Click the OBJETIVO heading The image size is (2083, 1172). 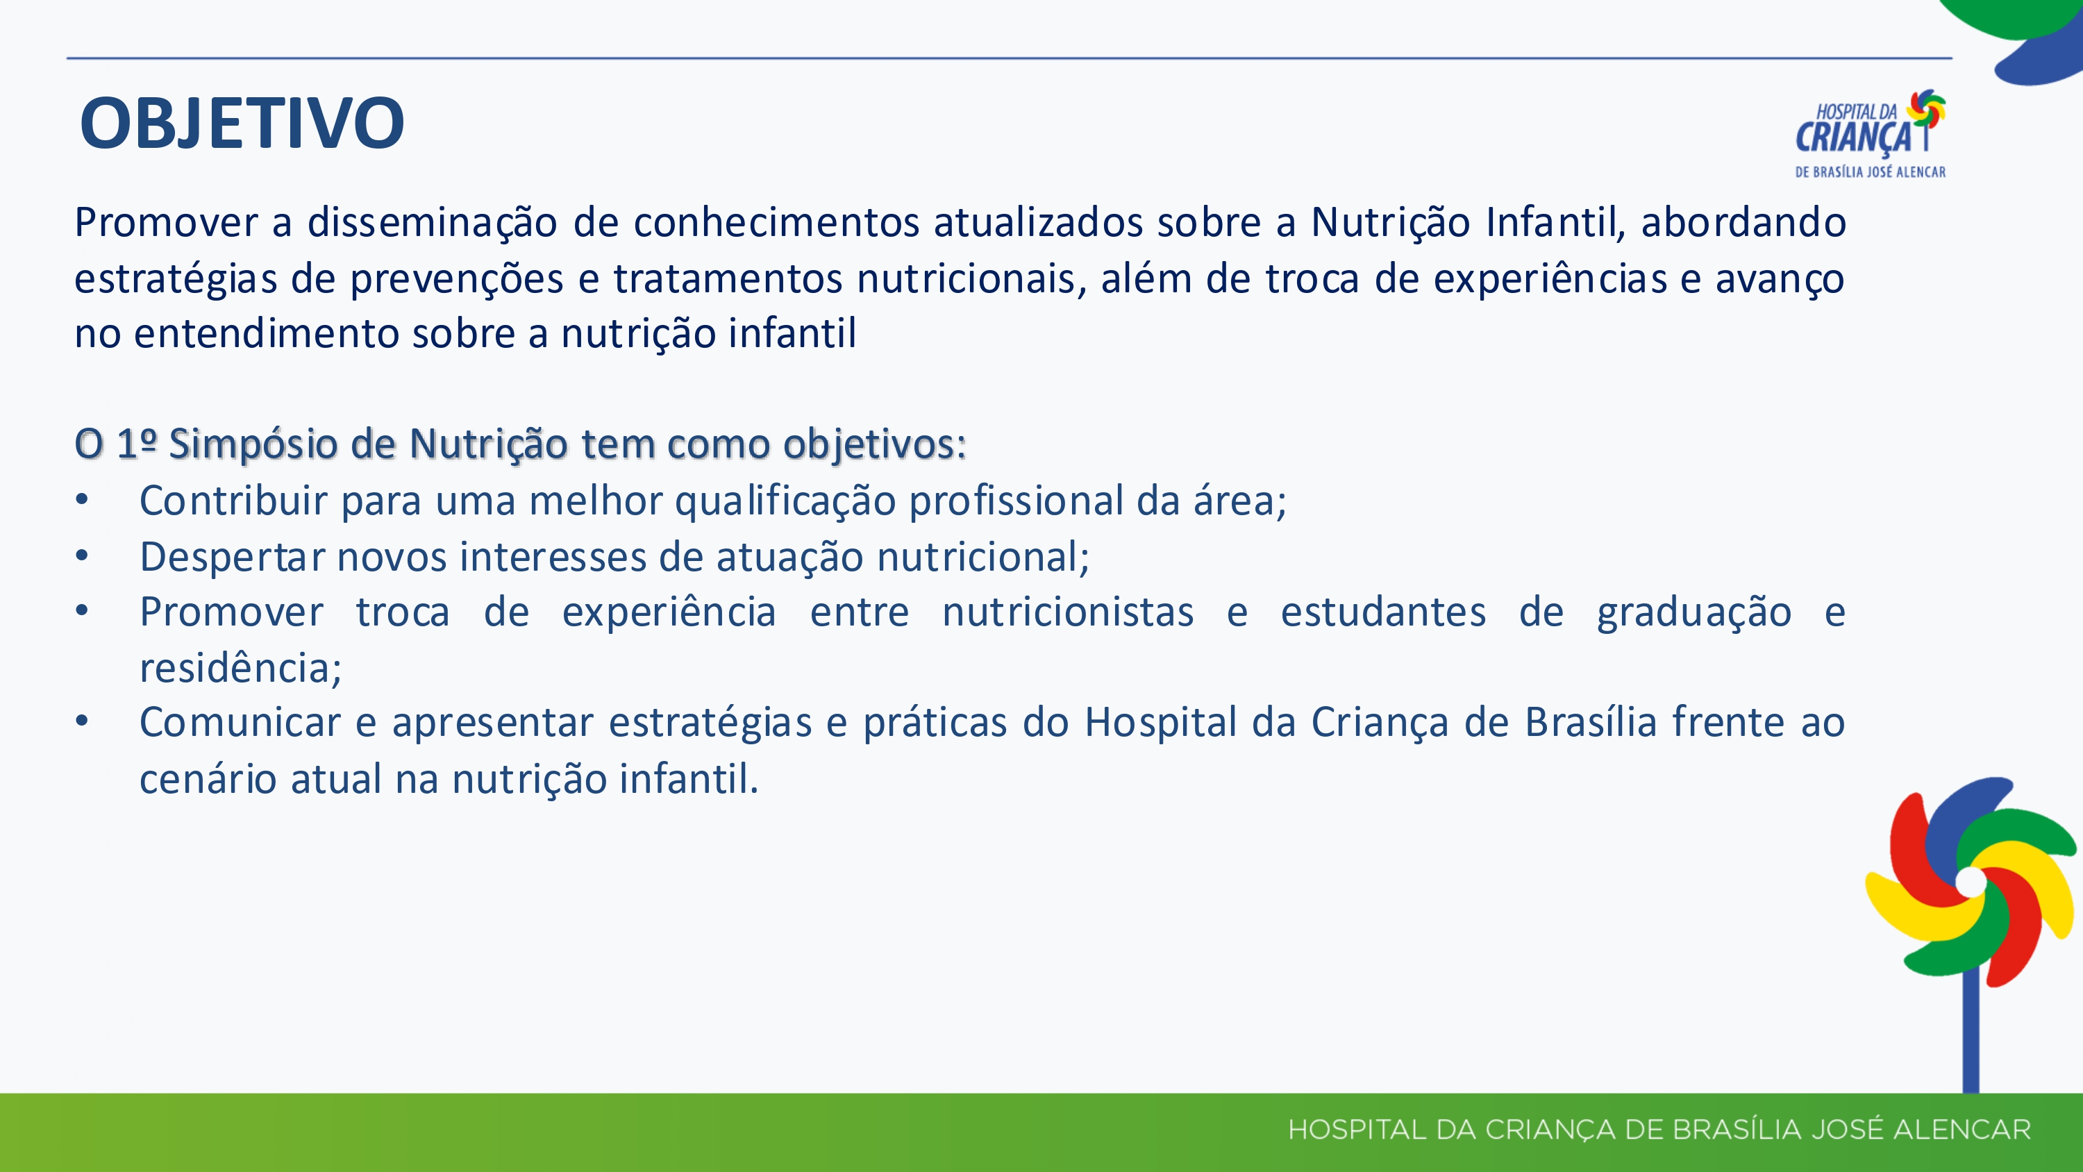click(x=242, y=124)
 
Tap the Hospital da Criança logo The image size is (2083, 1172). click(x=1871, y=133)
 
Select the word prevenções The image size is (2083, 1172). click(x=457, y=279)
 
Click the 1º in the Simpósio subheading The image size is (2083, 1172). click(x=136, y=443)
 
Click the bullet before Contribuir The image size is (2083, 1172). click(x=82, y=500)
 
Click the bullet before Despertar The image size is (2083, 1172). click(x=82, y=556)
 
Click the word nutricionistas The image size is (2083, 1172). click(x=1068, y=612)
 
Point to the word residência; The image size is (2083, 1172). click(x=241, y=668)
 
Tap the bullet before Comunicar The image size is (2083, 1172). click(x=82, y=721)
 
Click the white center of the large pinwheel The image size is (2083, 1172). click(x=1971, y=882)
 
